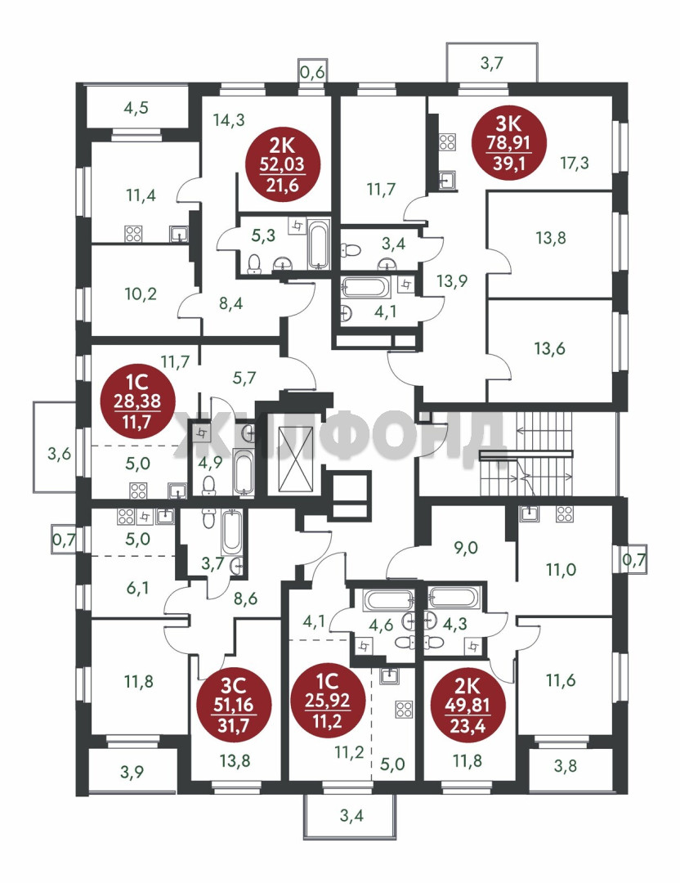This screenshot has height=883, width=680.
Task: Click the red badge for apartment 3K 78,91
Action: coord(509,143)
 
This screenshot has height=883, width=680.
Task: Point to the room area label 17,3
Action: coord(575,164)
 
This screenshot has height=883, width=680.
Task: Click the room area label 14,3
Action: coord(229,119)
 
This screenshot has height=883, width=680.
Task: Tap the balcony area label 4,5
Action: coord(136,108)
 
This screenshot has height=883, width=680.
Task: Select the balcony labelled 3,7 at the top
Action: coord(492,62)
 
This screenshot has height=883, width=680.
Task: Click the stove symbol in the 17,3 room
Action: coord(448,142)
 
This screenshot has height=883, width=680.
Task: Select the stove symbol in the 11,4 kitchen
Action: coord(133,234)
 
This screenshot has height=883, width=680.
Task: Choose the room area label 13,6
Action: coord(549,348)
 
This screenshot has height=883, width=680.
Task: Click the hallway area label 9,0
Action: coord(466,547)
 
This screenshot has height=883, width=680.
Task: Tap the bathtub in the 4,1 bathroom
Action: coord(365,288)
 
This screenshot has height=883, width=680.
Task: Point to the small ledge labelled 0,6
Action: coord(313,71)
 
